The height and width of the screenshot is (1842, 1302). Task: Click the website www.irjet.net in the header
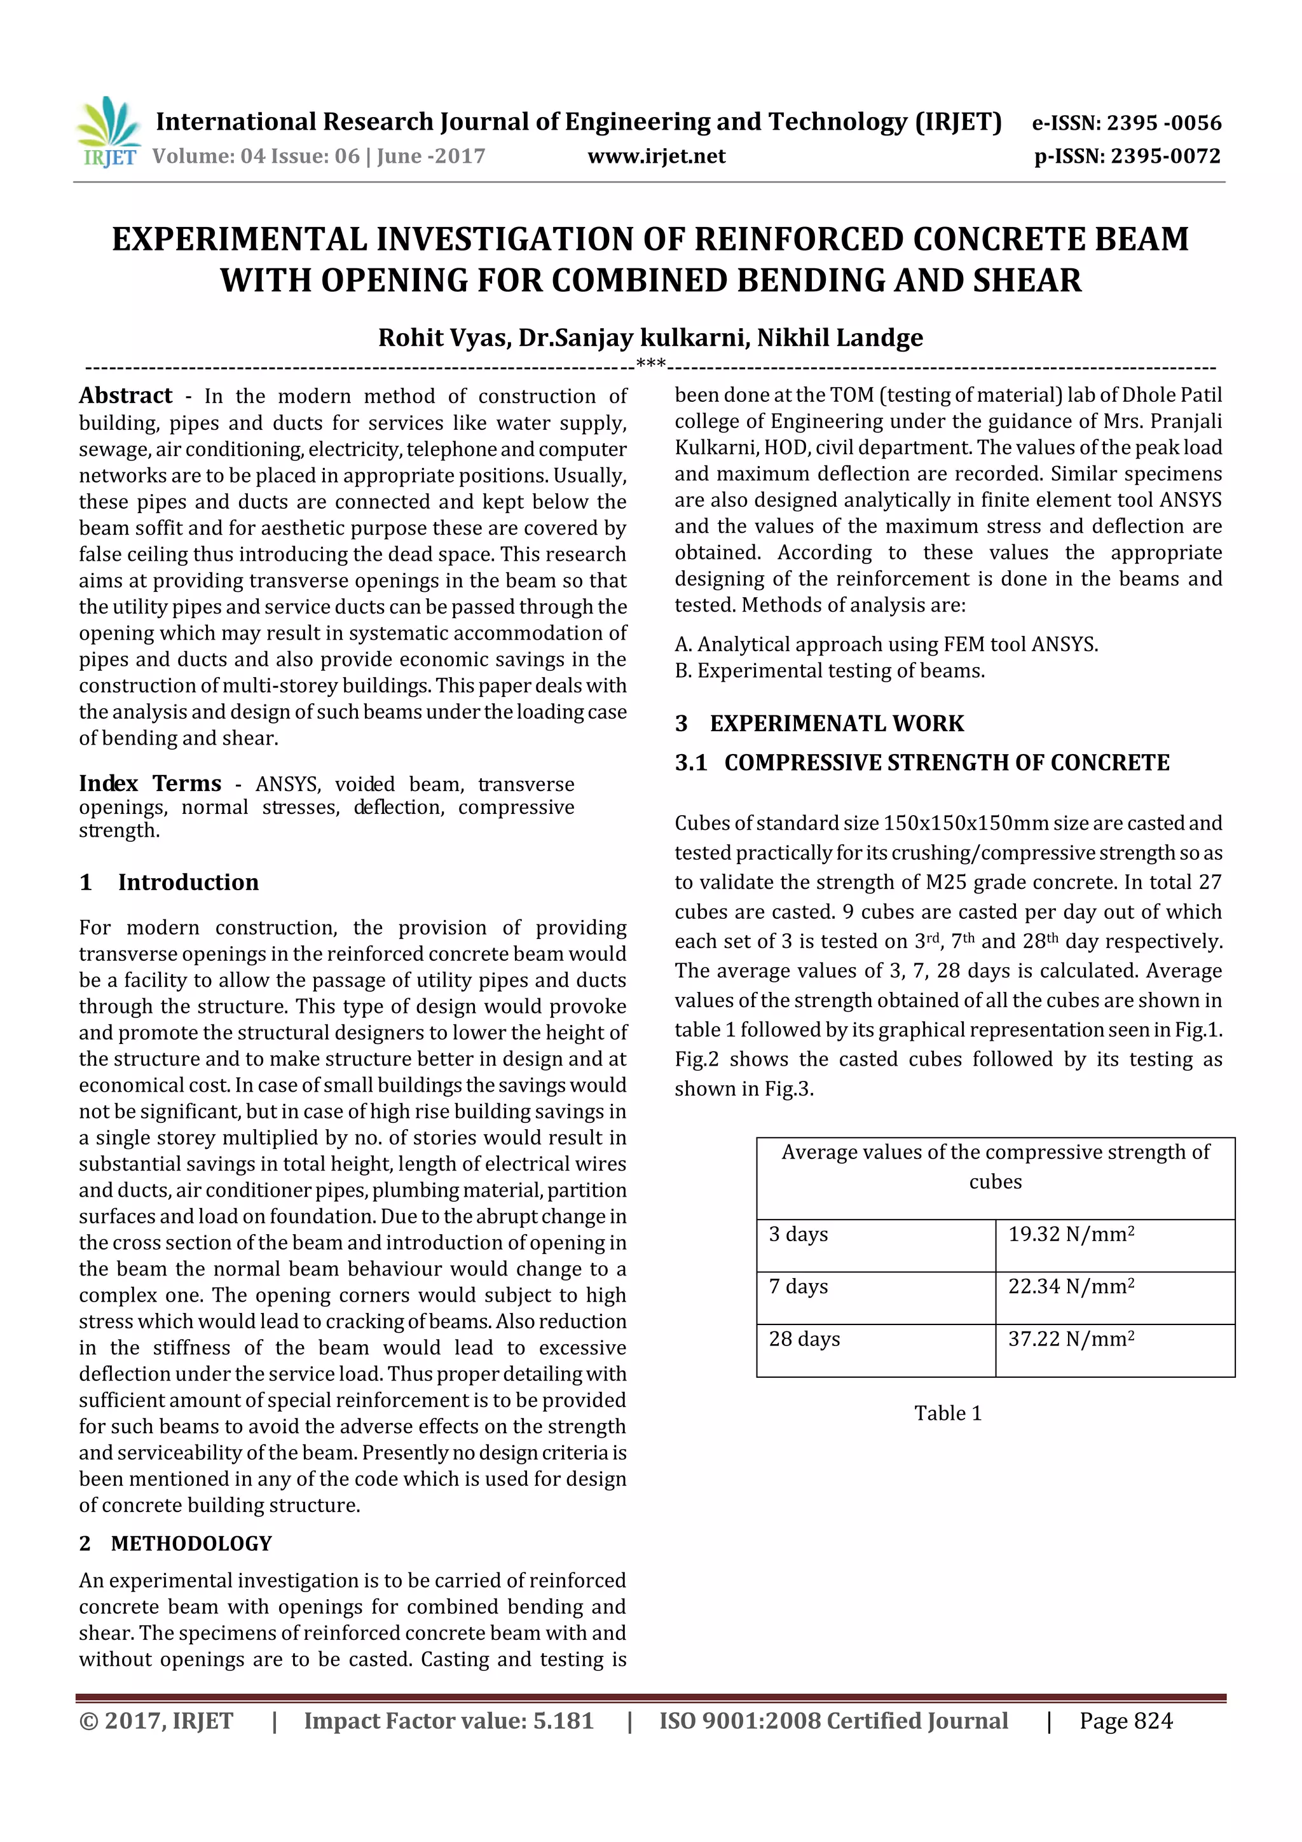click(655, 156)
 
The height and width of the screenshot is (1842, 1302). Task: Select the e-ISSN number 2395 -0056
click(1163, 123)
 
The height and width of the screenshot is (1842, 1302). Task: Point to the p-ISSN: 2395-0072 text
click(1127, 156)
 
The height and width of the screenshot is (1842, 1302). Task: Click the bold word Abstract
click(125, 395)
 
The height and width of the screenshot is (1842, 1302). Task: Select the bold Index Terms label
click(150, 783)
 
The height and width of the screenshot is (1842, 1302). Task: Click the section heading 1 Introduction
click(169, 883)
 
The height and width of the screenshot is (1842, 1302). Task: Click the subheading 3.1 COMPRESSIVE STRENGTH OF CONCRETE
click(922, 763)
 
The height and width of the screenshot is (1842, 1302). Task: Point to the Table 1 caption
click(947, 1413)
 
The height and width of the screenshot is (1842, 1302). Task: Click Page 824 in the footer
click(1125, 1721)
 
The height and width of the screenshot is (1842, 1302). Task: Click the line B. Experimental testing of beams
click(830, 671)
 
